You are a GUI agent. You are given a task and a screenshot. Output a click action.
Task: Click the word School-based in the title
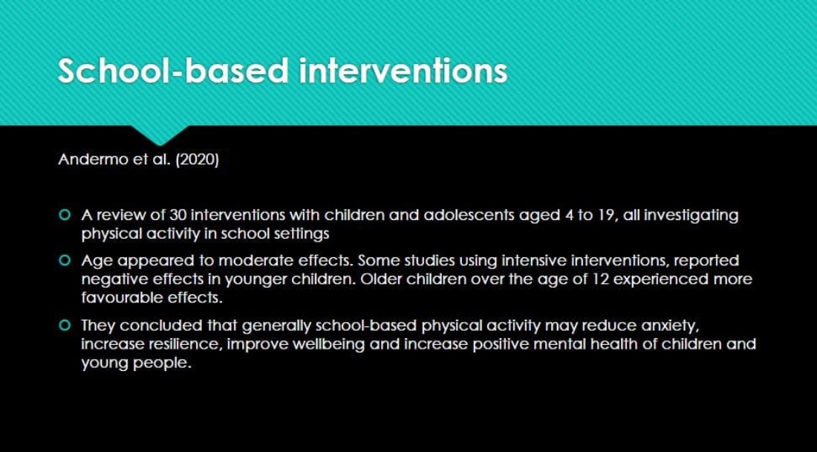tap(173, 71)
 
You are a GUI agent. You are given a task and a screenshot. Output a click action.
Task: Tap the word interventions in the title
tap(403, 71)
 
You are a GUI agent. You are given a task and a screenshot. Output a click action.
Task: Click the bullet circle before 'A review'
tap(65, 215)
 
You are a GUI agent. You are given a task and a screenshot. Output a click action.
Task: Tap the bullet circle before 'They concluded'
tap(65, 326)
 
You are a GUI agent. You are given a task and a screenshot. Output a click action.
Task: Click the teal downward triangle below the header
tap(160, 134)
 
